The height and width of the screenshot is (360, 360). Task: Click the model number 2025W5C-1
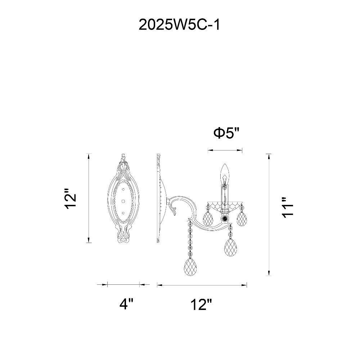click(179, 25)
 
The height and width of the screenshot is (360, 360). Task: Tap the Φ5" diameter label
click(226, 133)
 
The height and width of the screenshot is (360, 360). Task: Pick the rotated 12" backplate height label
click(70, 199)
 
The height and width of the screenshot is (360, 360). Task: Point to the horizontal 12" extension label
click(201, 304)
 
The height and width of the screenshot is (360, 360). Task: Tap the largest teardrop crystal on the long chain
click(190, 267)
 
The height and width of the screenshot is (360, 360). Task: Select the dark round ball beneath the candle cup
click(224, 218)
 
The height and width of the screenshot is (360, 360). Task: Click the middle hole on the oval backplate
click(123, 201)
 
